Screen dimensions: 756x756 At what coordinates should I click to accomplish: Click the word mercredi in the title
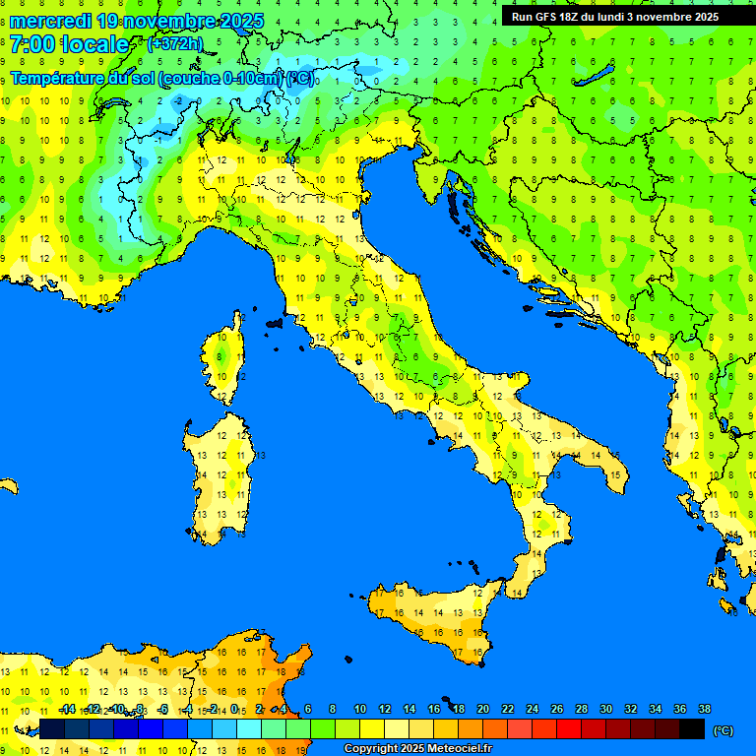[x=49, y=21]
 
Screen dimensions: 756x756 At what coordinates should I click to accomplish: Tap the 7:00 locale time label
[x=69, y=44]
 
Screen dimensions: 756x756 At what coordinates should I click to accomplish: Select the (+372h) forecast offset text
[x=174, y=44]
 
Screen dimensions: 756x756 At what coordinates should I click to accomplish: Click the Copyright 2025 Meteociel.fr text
[x=417, y=749]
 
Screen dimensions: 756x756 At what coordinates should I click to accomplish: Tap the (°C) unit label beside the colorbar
[x=723, y=729]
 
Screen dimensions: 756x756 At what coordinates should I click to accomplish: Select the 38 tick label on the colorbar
[x=704, y=710]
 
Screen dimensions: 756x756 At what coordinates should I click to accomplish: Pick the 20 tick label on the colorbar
[x=482, y=710]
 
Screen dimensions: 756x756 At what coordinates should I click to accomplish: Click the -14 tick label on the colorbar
[x=67, y=710]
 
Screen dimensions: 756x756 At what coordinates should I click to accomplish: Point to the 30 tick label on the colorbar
[x=605, y=710]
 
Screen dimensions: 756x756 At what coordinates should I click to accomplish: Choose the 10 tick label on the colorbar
[x=359, y=710]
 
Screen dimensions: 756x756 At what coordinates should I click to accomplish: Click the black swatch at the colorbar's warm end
[x=692, y=728]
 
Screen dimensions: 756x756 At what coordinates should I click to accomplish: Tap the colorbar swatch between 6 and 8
[x=322, y=728]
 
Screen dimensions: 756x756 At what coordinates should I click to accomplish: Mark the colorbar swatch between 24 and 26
[x=544, y=728]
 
